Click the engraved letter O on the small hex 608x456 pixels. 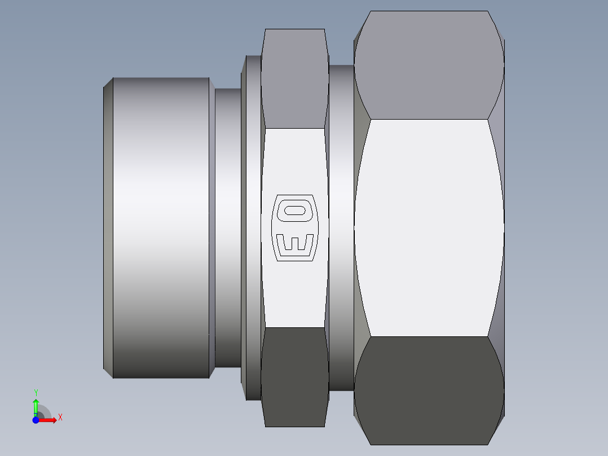(x=295, y=211)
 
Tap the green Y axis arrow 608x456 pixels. (x=36, y=405)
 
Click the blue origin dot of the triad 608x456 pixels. (x=36, y=420)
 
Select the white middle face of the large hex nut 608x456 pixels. (x=429, y=226)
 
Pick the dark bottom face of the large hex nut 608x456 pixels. (x=429, y=389)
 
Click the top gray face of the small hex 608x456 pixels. (x=295, y=79)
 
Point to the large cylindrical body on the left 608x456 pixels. (x=161, y=226)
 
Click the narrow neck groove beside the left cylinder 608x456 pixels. (x=227, y=226)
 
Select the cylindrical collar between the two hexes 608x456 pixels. (x=341, y=226)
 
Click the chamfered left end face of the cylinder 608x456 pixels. (x=108, y=226)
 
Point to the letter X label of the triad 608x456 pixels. (x=60, y=418)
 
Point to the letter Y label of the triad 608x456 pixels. (x=36, y=392)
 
